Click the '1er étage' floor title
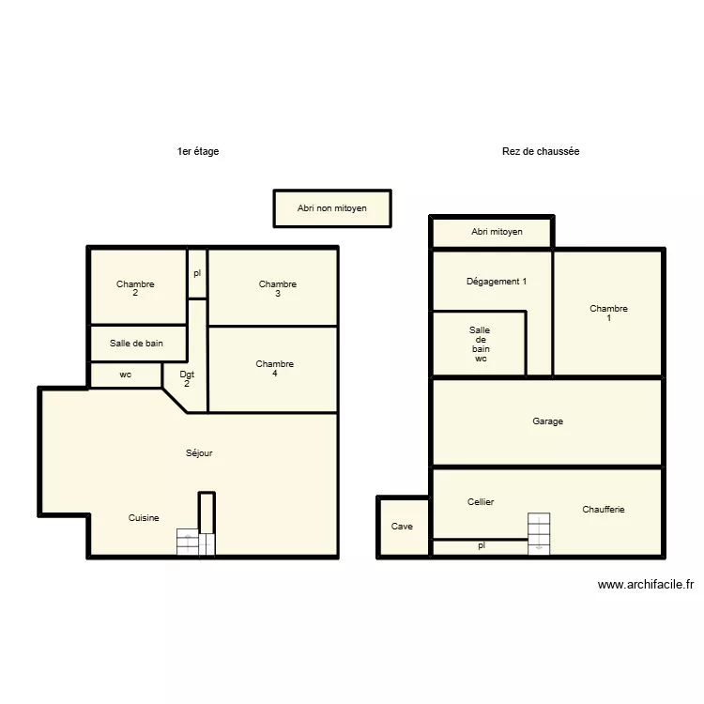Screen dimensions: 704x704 [x=197, y=151]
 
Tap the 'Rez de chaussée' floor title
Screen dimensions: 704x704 [x=541, y=151]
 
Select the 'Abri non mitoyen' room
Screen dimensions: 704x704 [x=332, y=208]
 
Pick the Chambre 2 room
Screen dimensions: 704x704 [x=136, y=287]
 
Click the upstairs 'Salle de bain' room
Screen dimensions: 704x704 [x=137, y=344]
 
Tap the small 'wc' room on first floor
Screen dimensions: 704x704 [x=126, y=375]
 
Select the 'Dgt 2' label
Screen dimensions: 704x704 [x=187, y=378]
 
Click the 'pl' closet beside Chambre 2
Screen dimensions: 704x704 [x=197, y=274]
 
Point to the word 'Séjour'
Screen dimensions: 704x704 [x=199, y=453]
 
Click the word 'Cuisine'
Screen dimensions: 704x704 [x=144, y=518]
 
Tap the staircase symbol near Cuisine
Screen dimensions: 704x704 [x=196, y=543]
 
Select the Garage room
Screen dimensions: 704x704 [x=547, y=421]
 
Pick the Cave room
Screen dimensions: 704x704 [x=403, y=528]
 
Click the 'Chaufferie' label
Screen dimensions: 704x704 [x=603, y=510]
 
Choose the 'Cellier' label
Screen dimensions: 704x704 [x=481, y=502]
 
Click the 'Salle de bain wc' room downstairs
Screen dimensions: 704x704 [x=479, y=344]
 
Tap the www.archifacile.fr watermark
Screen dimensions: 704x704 [x=646, y=585]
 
